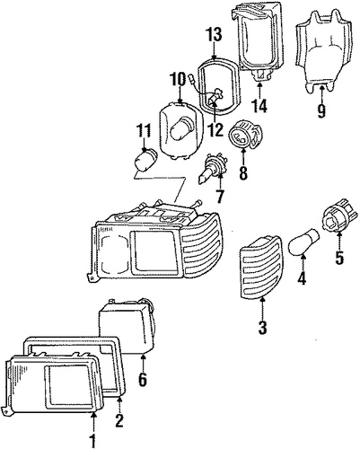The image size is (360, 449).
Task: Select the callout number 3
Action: tap(262, 327)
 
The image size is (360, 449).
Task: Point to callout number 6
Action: tap(143, 379)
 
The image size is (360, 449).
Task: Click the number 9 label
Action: tap(320, 110)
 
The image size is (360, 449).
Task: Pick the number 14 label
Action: tap(259, 106)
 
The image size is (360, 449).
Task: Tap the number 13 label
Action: tap(214, 34)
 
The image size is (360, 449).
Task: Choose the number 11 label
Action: tap(144, 129)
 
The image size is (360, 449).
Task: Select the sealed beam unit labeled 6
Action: tap(127, 326)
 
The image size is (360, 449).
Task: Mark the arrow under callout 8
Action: tap(242, 157)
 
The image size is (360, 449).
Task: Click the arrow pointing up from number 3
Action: tap(262, 308)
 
